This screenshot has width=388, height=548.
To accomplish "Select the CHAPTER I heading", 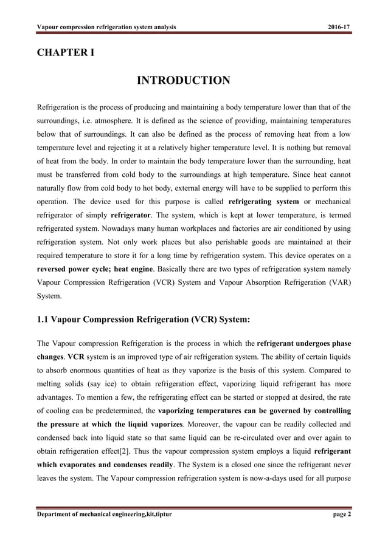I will tap(66, 52).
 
